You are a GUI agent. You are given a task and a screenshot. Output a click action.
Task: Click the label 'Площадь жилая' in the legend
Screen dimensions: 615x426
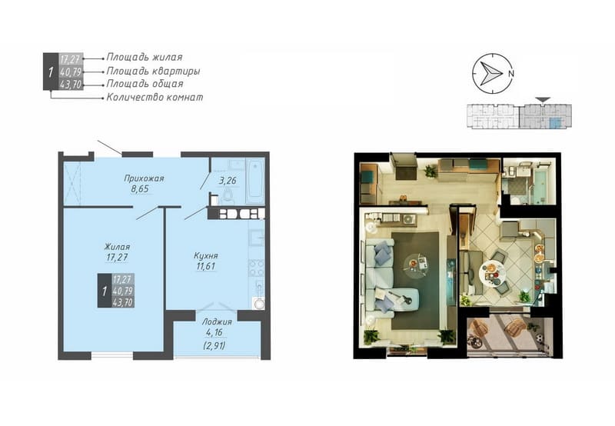pos(145,57)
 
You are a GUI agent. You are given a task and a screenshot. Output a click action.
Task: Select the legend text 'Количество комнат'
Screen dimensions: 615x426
pos(155,97)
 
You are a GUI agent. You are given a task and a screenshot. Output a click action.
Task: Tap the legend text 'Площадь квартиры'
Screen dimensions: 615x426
pos(153,71)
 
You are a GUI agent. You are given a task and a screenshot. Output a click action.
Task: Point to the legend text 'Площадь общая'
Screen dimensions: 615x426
pos(145,84)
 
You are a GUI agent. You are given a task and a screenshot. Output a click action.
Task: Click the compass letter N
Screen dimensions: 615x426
pos(511,73)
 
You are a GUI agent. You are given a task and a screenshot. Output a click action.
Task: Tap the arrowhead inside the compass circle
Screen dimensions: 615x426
pos(491,73)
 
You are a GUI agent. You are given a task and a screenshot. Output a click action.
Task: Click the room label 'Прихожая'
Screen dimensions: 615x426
pos(144,178)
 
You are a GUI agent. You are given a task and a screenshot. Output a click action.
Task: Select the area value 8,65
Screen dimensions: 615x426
pos(140,188)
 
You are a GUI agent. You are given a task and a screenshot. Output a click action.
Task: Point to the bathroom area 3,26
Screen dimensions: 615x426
pos(228,181)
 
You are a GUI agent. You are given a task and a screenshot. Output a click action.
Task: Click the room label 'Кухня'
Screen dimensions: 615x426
pos(206,256)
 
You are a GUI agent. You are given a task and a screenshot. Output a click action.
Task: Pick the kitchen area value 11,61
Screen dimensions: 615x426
pos(205,266)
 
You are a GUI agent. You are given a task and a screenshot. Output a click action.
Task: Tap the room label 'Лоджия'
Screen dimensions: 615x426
pos(217,322)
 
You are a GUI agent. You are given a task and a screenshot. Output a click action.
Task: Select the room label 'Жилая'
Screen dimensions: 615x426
pos(117,247)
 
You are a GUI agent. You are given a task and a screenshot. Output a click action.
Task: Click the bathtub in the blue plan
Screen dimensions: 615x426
pos(255,181)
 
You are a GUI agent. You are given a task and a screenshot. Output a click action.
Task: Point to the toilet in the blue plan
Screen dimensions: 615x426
pos(227,198)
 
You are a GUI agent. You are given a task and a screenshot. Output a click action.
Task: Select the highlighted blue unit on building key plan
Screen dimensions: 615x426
pos(555,122)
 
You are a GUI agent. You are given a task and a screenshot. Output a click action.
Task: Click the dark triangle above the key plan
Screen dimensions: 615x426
pos(543,100)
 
